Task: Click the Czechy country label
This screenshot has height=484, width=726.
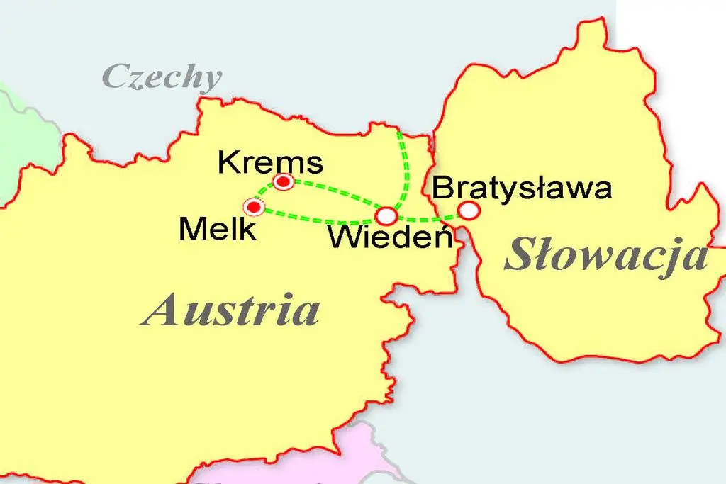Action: [x=162, y=77]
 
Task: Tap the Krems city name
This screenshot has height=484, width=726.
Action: [x=269, y=162]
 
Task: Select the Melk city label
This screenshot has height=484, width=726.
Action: [x=218, y=229]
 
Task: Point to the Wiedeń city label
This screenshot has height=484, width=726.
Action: [x=390, y=237]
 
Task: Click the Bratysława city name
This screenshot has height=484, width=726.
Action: [x=521, y=188]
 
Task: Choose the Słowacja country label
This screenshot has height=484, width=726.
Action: [x=606, y=257]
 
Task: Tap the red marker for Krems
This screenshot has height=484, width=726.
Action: [x=284, y=182]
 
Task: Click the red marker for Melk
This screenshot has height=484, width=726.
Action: [x=253, y=207]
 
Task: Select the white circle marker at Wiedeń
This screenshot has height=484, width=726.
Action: [x=386, y=215]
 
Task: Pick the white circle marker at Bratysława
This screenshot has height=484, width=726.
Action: [x=468, y=210]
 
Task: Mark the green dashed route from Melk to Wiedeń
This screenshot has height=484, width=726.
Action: [x=319, y=218]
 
